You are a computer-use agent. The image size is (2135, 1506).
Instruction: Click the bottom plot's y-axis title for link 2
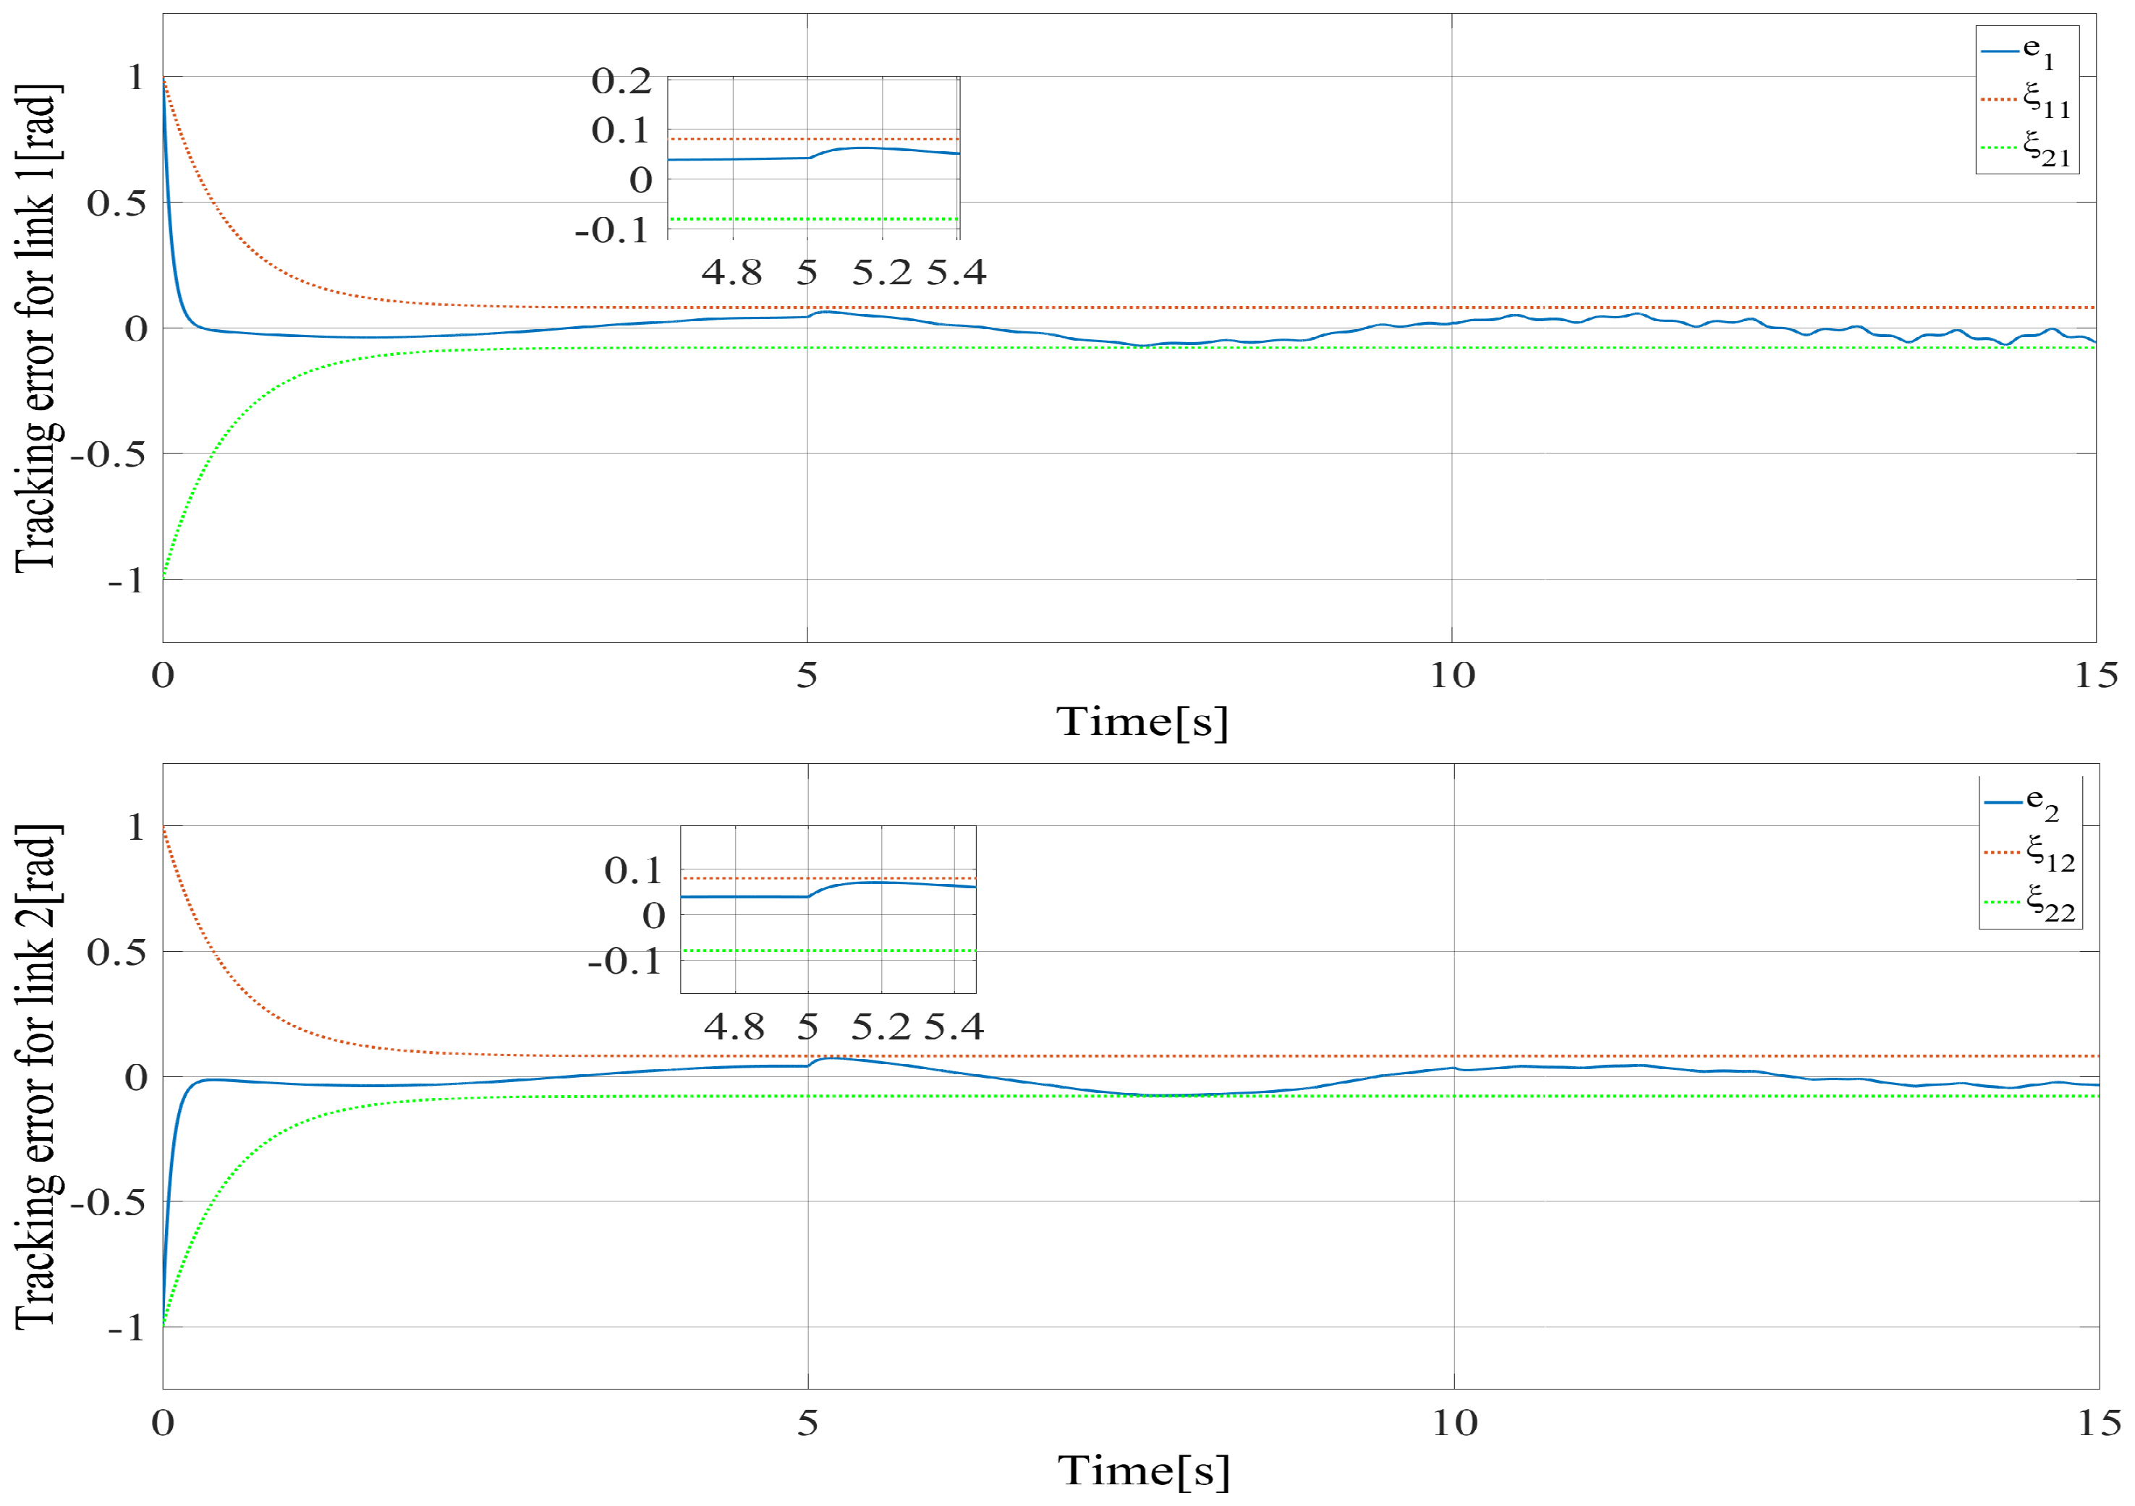tap(37, 1076)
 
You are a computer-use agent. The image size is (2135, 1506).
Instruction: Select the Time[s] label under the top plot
tap(1142, 721)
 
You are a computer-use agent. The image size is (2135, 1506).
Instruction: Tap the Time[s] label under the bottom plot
tap(1144, 1471)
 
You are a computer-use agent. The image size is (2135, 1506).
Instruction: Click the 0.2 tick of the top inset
tap(621, 82)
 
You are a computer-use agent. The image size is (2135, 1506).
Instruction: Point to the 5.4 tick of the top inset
tap(957, 273)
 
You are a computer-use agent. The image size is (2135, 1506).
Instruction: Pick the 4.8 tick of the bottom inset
tap(734, 1027)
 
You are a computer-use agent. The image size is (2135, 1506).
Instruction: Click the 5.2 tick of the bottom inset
tap(880, 1027)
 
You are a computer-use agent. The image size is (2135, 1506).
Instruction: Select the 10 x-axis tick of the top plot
tap(1451, 676)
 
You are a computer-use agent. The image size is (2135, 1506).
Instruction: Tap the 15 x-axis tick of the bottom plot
tap(2099, 1424)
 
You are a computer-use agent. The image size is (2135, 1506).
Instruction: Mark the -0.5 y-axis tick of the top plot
tap(108, 454)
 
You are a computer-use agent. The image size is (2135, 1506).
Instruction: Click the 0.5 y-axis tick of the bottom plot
tap(116, 952)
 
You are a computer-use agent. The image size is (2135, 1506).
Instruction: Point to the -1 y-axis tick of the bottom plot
tap(126, 1327)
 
